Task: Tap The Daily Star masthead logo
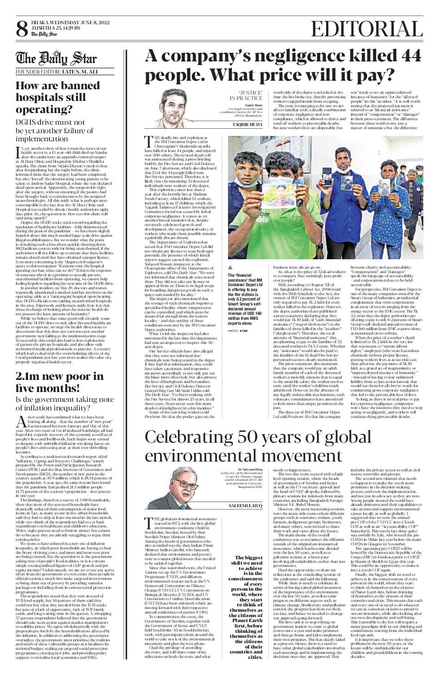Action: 56,59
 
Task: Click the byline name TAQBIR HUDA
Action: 247,124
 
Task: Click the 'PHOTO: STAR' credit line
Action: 237,318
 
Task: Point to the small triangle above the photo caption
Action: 230,268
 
